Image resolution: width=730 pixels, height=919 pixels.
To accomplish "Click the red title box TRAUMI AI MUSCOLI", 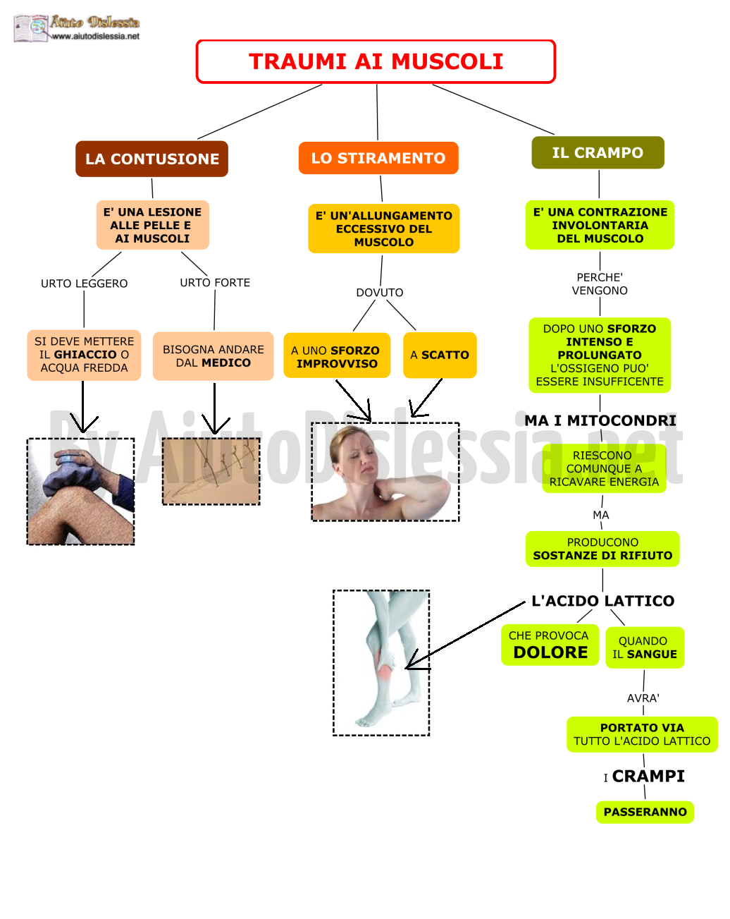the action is pyautogui.click(x=376, y=61).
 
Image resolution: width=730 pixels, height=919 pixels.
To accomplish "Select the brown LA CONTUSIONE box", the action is pyautogui.click(x=152, y=159).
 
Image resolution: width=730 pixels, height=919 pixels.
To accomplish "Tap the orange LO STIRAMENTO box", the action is pyautogui.click(x=378, y=158).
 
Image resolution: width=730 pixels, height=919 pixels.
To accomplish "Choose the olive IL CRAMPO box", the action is pyautogui.click(x=598, y=152).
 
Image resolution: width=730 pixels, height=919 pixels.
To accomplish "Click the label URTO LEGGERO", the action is pyautogui.click(x=84, y=284).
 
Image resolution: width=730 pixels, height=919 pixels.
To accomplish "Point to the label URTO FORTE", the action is pyautogui.click(x=215, y=283).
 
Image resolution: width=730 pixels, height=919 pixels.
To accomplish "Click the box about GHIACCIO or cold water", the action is pyautogui.click(x=84, y=355).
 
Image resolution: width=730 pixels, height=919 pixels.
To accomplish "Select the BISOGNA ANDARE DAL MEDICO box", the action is pyautogui.click(x=214, y=356).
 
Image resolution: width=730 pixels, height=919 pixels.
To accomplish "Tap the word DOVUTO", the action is pyautogui.click(x=380, y=293).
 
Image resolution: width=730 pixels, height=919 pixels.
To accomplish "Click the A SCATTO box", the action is pyautogui.click(x=440, y=355).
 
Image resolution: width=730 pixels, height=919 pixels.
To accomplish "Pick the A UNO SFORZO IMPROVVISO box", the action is pyautogui.click(x=337, y=355).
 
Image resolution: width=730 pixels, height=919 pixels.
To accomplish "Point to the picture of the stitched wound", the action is pyautogui.click(x=211, y=471).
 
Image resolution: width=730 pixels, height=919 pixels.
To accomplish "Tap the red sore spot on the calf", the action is pyautogui.click(x=385, y=673).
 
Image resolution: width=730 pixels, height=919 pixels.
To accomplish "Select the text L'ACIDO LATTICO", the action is pyautogui.click(x=603, y=601).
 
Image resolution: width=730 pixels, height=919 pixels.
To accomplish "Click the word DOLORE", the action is pyautogui.click(x=551, y=652).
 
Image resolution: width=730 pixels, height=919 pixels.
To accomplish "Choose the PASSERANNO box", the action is pyautogui.click(x=645, y=812).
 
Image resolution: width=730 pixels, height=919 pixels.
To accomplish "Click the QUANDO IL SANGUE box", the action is pyautogui.click(x=645, y=647).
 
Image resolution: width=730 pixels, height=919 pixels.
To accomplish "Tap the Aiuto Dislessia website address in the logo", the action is pyautogui.click(x=96, y=36).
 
